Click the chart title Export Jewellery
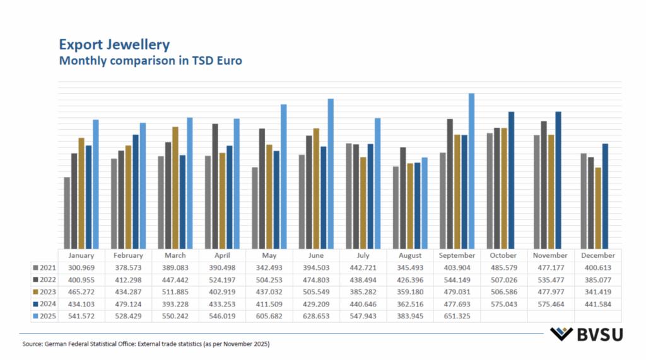(114, 45)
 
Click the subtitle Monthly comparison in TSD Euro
(150, 61)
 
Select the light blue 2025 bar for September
(471, 170)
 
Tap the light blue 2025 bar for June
(330, 173)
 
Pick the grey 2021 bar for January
(67, 212)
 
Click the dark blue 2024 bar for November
(558, 179)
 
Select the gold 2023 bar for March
(175, 187)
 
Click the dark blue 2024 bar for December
(605, 195)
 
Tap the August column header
(410, 255)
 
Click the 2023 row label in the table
(45, 292)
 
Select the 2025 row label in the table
(45, 316)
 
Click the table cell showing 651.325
(457, 316)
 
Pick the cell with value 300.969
(81, 268)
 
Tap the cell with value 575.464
(551, 304)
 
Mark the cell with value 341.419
(597, 292)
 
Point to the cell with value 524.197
(222, 280)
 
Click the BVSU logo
(585, 334)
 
